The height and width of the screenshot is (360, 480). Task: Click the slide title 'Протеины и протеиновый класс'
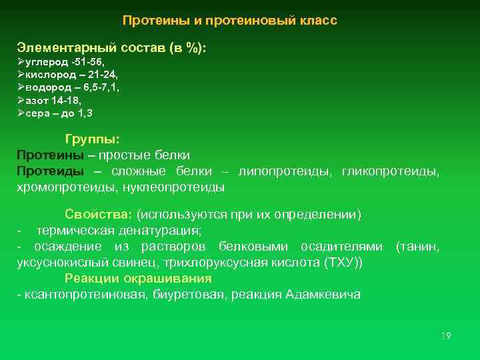[x=230, y=21]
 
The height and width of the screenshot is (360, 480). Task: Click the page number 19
[x=446, y=335]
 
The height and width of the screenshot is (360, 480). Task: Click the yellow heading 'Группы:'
[x=92, y=139]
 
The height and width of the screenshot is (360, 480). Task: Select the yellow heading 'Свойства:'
[x=99, y=214]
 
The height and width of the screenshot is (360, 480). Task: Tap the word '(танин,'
[x=418, y=246]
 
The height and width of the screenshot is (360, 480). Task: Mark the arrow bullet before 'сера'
[x=21, y=113]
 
